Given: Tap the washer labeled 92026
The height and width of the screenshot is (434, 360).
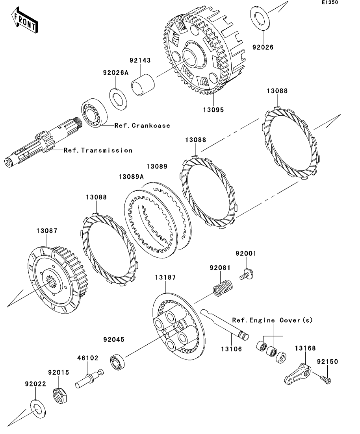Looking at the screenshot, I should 260,17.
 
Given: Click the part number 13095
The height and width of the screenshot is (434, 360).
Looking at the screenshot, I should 214,110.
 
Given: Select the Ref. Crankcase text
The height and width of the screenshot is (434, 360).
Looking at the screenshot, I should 142,126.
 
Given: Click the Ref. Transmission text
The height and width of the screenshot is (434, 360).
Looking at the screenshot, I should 98,150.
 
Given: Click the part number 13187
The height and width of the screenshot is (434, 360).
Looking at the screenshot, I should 165,277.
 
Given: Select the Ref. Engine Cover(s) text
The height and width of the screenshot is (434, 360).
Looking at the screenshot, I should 272,320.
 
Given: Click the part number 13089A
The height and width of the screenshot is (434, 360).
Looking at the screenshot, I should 130,177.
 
